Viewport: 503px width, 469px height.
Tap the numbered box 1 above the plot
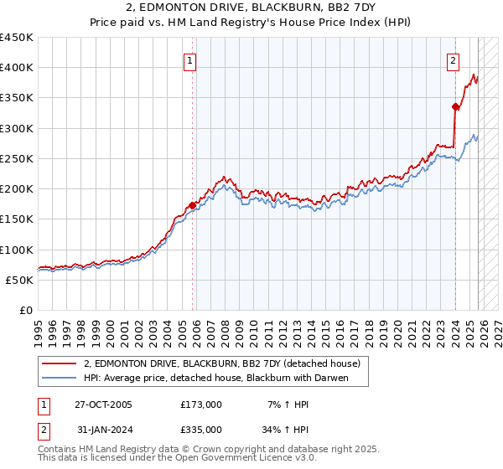pyautogui.click(x=191, y=61)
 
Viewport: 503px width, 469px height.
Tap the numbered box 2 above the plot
pyautogui.click(x=453, y=60)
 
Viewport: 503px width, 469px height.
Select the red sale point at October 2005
pyautogui.click(x=193, y=204)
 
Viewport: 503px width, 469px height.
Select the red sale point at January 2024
pyautogui.click(x=456, y=106)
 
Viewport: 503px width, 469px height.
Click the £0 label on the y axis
pyautogui.click(x=25, y=310)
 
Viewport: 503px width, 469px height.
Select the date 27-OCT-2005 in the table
pyautogui.click(x=104, y=405)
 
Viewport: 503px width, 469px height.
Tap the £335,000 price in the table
pyautogui.click(x=201, y=429)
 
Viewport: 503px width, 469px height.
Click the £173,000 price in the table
pyautogui.click(x=201, y=405)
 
